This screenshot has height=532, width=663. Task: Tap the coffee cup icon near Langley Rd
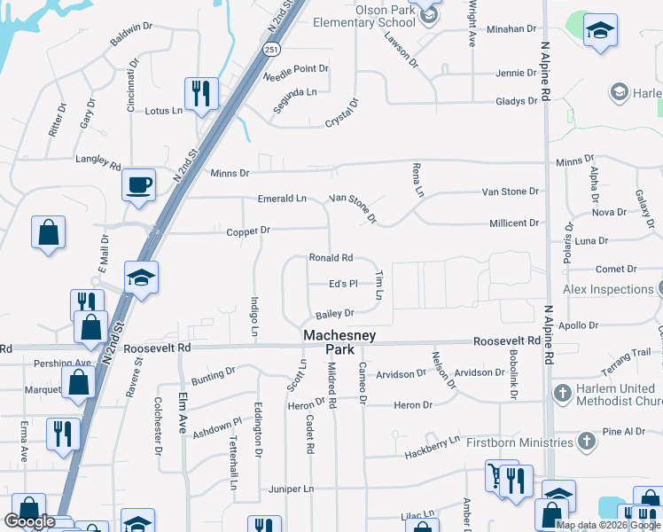click(138, 184)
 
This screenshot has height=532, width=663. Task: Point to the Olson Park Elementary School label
click(360, 15)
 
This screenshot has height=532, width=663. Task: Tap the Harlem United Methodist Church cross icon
click(561, 393)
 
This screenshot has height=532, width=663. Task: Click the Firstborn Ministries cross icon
click(585, 441)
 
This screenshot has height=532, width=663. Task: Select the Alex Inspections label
click(608, 289)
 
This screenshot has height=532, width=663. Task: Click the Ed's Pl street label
click(342, 284)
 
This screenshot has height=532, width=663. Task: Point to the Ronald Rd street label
click(331, 258)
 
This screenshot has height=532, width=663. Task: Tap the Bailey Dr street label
click(334, 313)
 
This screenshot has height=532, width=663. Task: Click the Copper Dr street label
click(247, 231)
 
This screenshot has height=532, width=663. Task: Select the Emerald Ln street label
click(282, 199)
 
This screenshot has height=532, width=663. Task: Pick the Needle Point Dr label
click(296, 68)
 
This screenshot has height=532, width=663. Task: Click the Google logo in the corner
click(29, 521)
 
